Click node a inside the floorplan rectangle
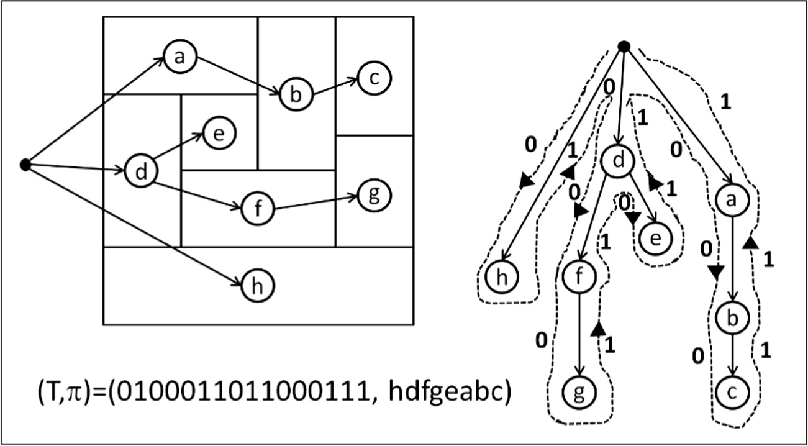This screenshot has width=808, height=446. click(x=180, y=58)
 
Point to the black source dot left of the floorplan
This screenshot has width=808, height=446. click(x=25, y=164)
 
